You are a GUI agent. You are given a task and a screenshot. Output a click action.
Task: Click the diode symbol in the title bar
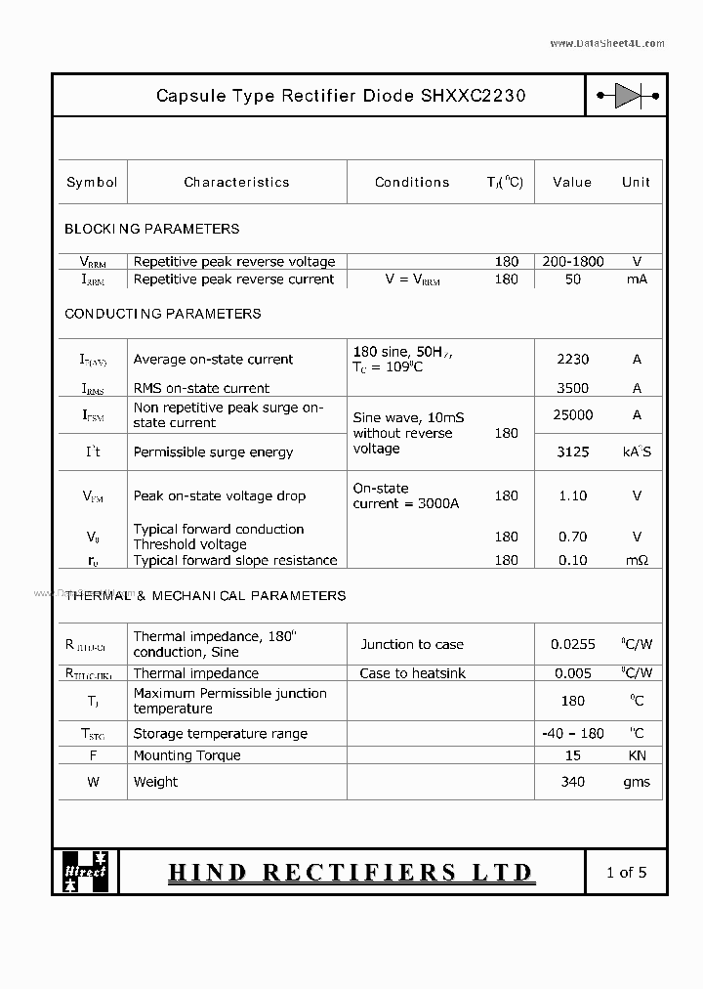pos(627,96)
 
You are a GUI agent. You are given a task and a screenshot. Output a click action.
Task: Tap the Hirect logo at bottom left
pos(86,871)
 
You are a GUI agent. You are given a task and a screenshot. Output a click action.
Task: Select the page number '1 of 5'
pos(626,872)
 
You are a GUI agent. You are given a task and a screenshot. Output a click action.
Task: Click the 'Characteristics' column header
pos(236,182)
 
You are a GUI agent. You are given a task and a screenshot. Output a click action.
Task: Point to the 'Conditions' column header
pos(412,182)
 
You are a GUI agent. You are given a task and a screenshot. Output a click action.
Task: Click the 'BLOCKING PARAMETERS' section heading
pos(151,229)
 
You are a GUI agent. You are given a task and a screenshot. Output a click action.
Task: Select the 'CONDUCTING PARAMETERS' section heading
pos(162,314)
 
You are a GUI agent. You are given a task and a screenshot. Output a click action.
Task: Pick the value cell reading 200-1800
pos(572,262)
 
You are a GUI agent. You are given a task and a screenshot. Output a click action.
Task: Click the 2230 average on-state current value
pos(572,360)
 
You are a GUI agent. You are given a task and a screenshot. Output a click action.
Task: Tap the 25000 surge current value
pos(572,414)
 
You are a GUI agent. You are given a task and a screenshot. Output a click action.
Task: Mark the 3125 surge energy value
pos(572,452)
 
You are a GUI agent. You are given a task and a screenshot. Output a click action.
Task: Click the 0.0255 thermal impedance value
pos(572,644)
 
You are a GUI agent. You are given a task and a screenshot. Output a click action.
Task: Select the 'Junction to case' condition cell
pos(412,644)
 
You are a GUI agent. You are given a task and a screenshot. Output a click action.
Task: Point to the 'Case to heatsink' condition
pos(412,673)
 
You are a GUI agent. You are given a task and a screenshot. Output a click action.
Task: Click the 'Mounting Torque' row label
pos(186,755)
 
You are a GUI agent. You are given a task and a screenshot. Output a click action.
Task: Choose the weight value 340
pos(572,782)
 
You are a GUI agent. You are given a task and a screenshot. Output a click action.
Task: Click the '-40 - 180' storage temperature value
pos(572,734)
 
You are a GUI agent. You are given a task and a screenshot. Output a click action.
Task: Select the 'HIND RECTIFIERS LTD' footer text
pos(351,872)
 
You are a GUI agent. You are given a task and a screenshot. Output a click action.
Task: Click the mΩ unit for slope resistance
pos(637,560)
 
